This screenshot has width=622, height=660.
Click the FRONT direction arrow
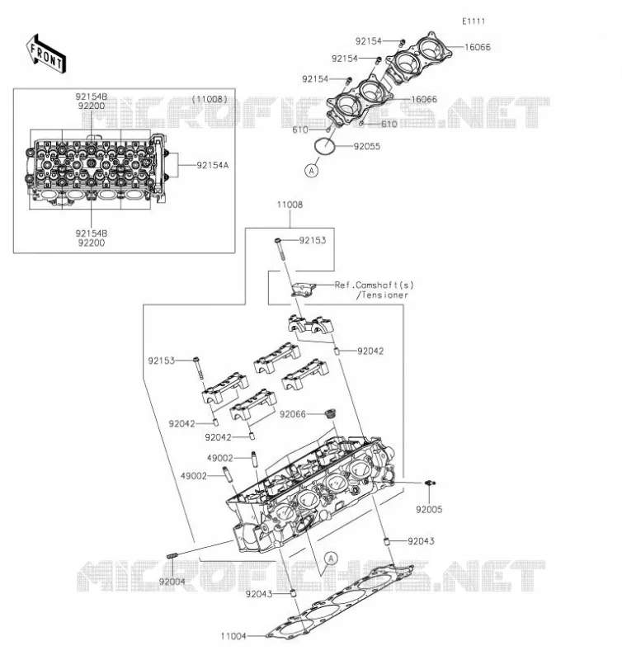[46, 54]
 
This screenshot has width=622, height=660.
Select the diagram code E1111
[474, 21]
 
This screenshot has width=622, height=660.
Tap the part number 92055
[366, 147]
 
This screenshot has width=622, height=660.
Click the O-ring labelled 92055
[324, 146]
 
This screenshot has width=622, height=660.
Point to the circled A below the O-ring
[312, 171]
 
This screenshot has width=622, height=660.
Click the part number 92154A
[213, 166]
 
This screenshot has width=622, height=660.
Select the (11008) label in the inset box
[210, 99]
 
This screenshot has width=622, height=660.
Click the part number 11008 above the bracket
[290, 205]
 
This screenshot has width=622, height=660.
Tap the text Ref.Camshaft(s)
[375, 285]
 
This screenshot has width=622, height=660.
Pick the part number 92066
[293, 415]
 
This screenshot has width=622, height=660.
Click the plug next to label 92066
[331, 413]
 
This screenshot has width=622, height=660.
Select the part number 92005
[429, 510]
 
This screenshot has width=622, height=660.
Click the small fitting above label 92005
[430, 483]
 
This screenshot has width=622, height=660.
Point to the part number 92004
[172, 582]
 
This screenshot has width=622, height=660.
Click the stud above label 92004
[172, 556]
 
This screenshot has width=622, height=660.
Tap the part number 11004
[233, 636]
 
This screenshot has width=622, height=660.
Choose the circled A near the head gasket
[331, 559]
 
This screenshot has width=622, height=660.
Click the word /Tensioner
[382, 295]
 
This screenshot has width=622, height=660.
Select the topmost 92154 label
[368, 41]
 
